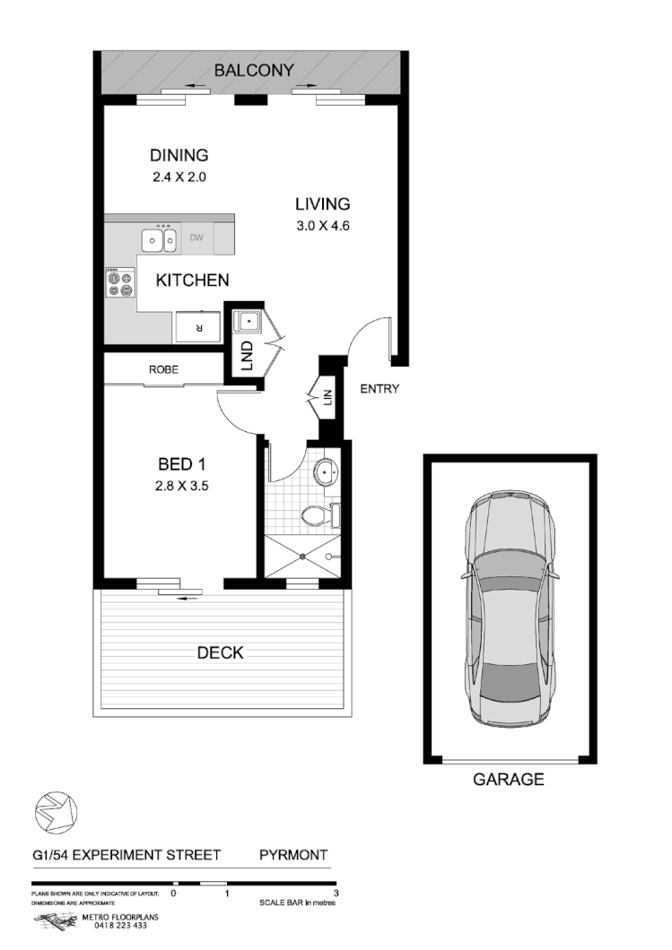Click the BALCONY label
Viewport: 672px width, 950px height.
click(253, 70)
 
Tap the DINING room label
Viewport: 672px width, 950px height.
click(179, 155)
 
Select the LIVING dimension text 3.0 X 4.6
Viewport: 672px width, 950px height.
click(322, 226)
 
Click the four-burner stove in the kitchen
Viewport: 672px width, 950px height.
click(119, 284)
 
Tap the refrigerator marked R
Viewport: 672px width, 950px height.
click(198, 327)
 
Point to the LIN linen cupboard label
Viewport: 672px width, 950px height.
click(328, 395)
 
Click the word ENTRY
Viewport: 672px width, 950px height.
click(380, 389)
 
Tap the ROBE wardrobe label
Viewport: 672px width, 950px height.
click(164, 368)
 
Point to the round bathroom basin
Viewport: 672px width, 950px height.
click(324, 471)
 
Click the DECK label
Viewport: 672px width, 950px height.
click(220, 652)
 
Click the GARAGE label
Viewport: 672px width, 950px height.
click(508, 780)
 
